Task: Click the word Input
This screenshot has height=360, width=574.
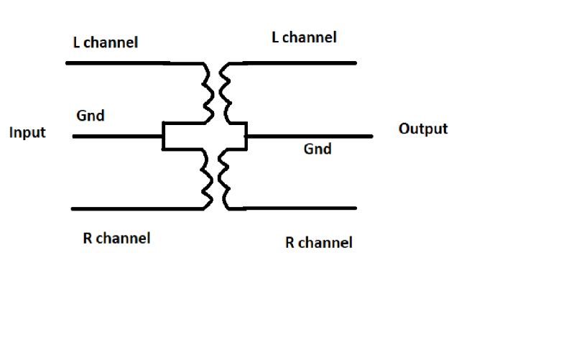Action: coord(27,133)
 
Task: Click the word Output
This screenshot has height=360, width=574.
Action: coord(422,129)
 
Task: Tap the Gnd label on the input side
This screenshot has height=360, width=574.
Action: coord(90,115)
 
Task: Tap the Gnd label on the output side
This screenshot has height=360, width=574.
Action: coord(318,149)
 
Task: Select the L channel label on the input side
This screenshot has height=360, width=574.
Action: coord(105,42)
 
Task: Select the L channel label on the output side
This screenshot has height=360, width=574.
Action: coord(304,37)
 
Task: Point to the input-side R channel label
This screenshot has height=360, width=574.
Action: coord(116,238)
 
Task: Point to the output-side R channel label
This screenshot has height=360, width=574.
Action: coord(318,242)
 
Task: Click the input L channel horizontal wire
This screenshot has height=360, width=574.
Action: coord(122,63)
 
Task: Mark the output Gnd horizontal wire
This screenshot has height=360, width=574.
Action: coord(309,135)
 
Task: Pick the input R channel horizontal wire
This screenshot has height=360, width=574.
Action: coord(129,209)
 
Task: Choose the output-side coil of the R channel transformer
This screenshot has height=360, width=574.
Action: coord(224,180)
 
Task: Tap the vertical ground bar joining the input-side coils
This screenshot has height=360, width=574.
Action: coord(165,136)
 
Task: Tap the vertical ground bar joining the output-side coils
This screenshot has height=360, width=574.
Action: coord(245,136)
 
